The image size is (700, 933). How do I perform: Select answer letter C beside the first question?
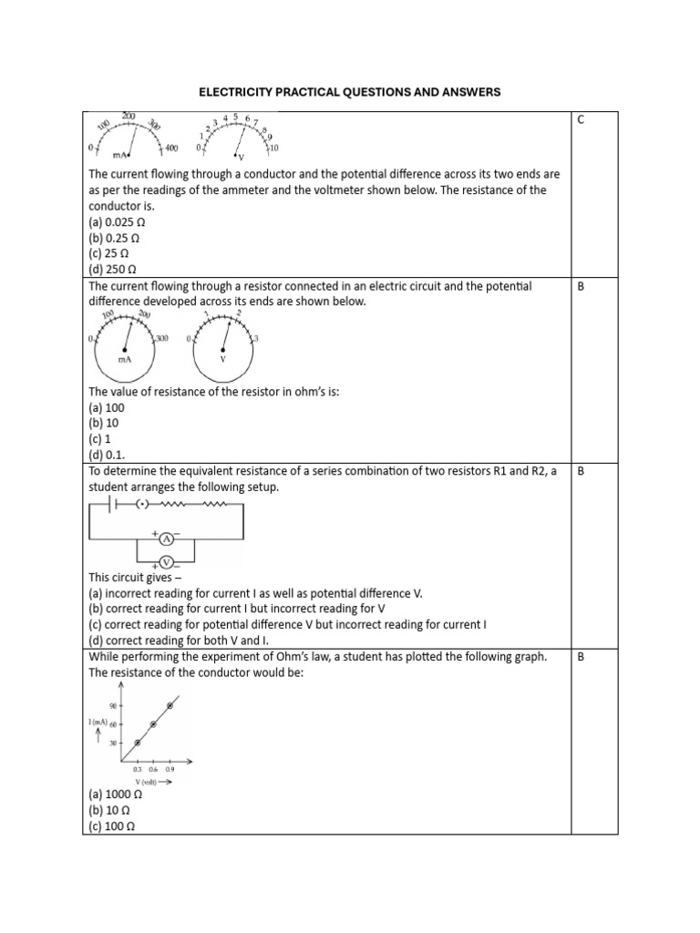(581, 120)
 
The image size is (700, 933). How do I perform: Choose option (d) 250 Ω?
(112, 269)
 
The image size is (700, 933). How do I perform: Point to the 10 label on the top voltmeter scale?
(274, 148)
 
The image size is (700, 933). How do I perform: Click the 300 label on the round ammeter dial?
(162, 339)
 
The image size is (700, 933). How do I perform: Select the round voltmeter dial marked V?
(223, 347)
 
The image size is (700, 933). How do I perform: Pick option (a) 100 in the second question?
(107, 408)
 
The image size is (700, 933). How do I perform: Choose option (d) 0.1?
(108, 455)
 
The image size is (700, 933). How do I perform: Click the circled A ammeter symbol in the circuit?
(166, 539)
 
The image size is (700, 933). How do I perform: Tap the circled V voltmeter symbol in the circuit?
(166, 562)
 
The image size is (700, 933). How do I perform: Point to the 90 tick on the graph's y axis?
(114, 705)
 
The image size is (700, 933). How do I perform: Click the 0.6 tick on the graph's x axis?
(153, 770)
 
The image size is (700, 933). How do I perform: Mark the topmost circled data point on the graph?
(170, 705)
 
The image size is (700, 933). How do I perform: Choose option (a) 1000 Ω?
(116, 795)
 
